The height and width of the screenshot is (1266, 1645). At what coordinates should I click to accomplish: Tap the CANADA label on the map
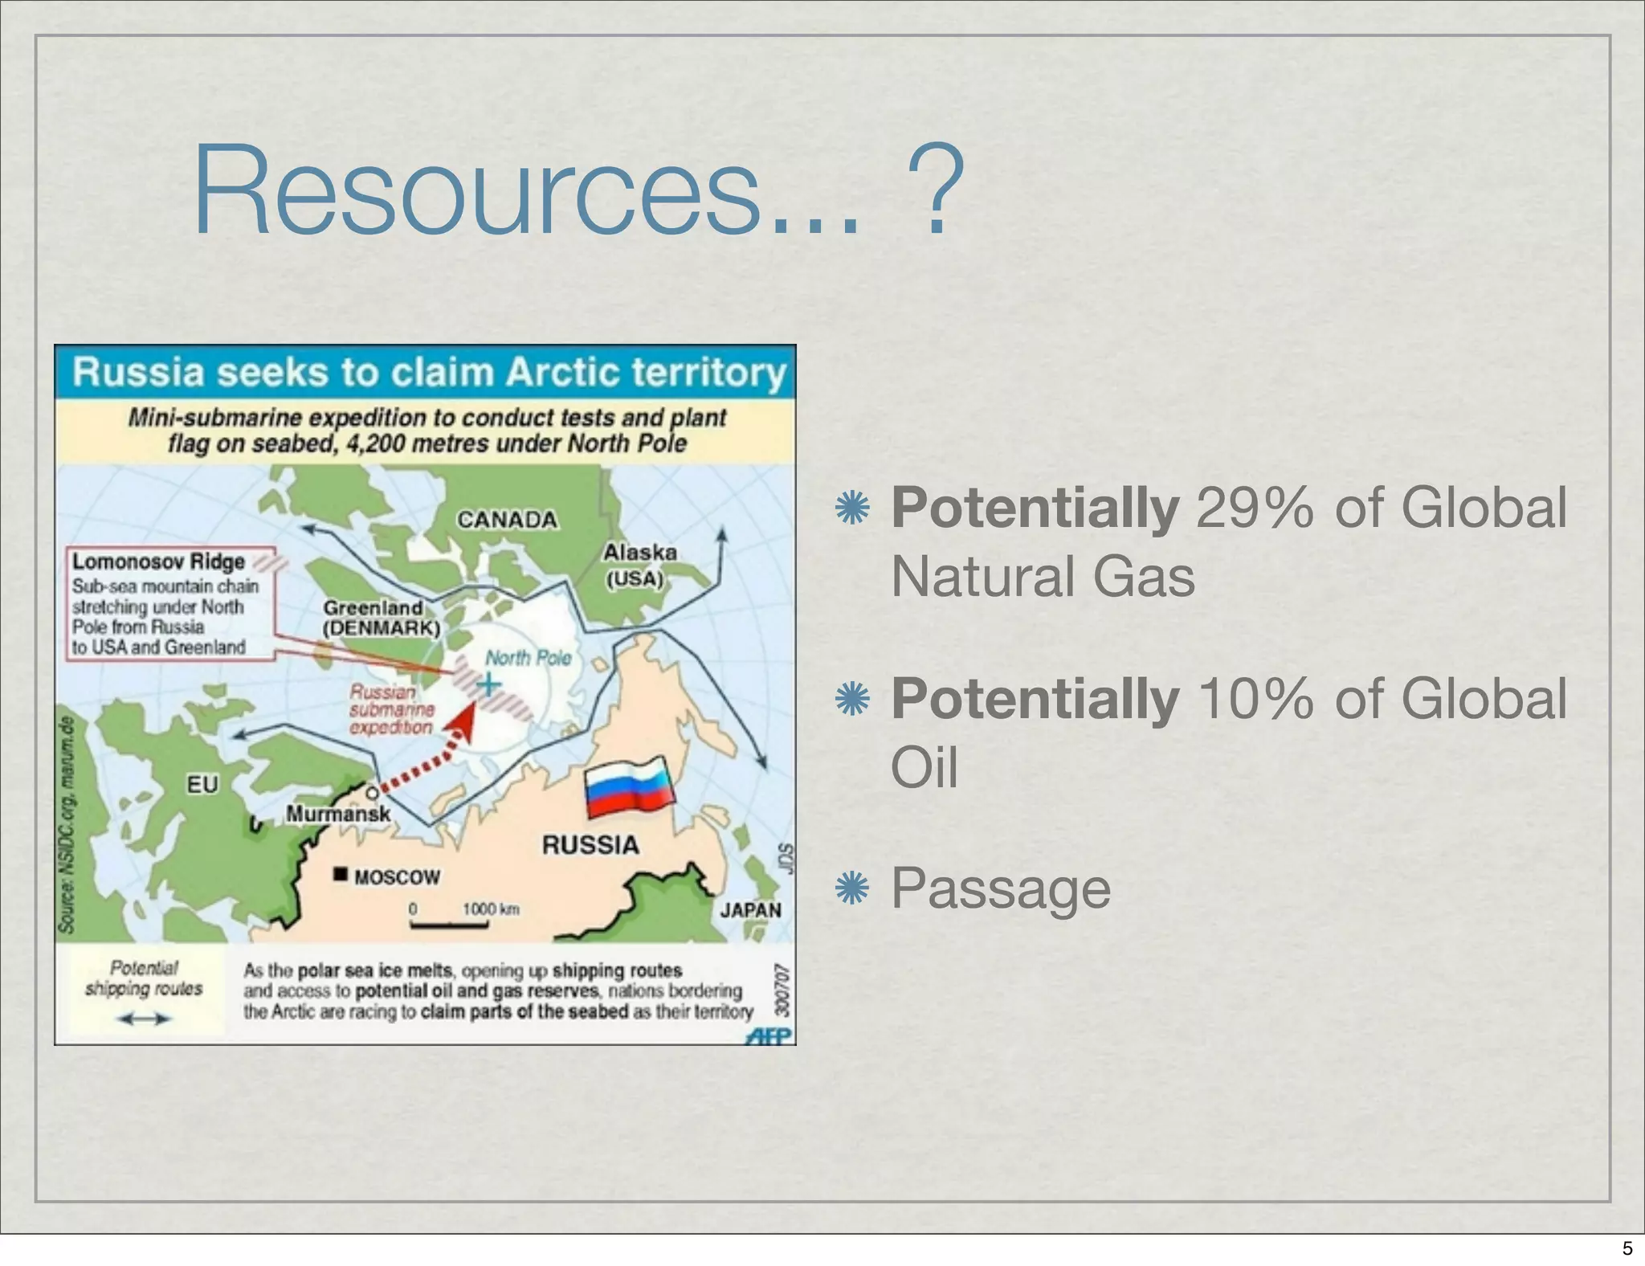(x=507, y=520)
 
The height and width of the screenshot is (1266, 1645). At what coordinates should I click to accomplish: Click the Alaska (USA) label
(x=639, y=565)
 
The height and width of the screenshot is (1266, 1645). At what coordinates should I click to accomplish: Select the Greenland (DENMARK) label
(x=381, y=618)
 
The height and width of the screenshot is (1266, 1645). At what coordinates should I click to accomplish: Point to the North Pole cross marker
(x=488, y=684)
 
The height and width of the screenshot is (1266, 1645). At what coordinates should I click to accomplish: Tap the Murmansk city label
(x=338, y=814)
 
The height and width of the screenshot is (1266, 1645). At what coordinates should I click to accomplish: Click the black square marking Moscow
(x=341, y=874)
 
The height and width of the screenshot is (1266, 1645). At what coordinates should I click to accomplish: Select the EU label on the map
(x=202, y=784)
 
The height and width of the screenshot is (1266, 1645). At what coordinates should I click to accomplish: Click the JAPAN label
(x=750, y=910)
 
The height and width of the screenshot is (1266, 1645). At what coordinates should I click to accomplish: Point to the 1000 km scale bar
(x=450, y=925)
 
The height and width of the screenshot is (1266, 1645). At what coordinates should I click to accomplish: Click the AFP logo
(x=769, y=1035)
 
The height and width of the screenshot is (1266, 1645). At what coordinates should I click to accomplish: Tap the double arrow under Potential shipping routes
(x=144, y=1019)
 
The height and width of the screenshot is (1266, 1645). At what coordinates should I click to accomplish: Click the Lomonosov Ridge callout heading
(x=158, y=562)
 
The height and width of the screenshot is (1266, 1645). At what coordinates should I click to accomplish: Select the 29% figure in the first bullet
(x=1254, y=508)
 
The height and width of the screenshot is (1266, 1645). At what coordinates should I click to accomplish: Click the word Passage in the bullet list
(x=1001, y=888)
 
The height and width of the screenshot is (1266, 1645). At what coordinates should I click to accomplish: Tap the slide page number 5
(x=1627, y=1248)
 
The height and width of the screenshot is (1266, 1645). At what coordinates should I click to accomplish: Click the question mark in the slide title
(x=935, y=192)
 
